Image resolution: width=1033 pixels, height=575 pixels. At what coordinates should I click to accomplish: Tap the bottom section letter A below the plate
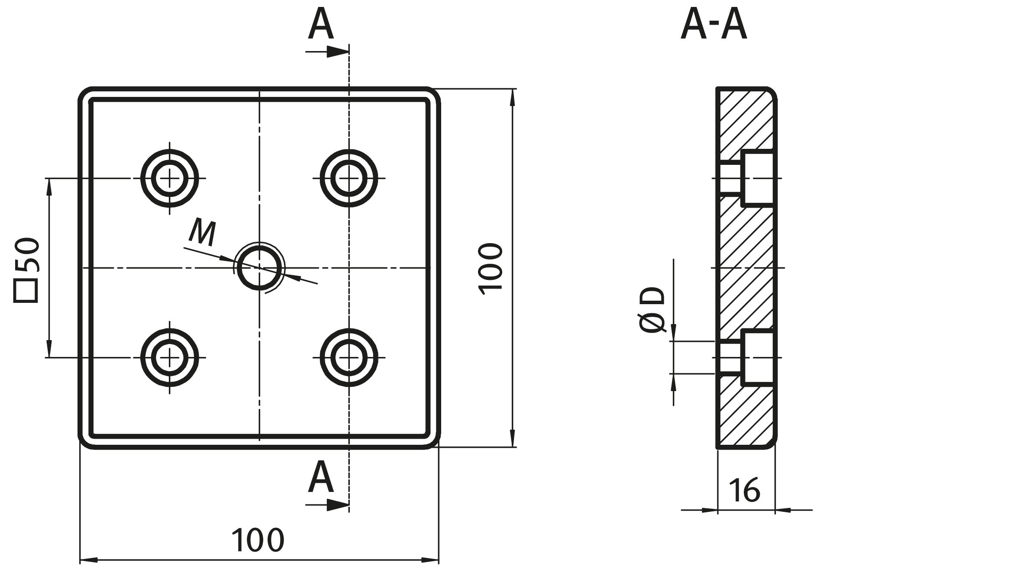click(321, 478)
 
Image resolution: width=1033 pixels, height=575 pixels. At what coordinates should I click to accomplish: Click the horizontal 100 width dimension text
click(258, 540)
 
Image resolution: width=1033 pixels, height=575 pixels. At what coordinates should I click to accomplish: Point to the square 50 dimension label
click(27, 270)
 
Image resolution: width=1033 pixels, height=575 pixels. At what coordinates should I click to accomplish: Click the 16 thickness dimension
click(744, 490)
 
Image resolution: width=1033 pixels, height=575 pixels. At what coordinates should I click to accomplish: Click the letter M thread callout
click(203, 233)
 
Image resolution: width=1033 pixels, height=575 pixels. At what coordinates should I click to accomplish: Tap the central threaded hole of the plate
click(259, 268)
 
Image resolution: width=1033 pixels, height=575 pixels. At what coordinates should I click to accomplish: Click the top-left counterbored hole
click(169, 178)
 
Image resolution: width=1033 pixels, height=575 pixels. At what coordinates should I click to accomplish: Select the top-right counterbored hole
click(349, 178)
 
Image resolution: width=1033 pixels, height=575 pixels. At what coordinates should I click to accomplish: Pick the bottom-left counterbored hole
click(169, 357)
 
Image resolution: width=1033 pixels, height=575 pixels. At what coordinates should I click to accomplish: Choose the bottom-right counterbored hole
click(349, 357)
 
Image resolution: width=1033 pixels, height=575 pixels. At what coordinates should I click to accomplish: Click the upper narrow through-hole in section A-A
click(731, 178)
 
